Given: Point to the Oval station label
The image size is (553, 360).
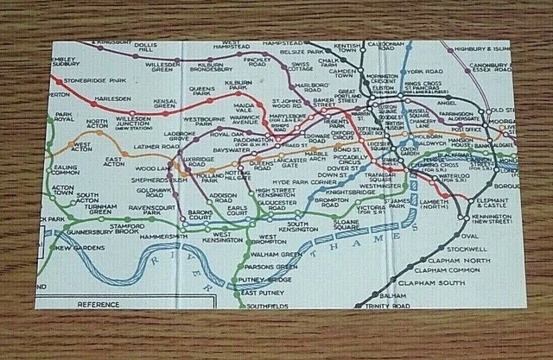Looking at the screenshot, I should point(469,234).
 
